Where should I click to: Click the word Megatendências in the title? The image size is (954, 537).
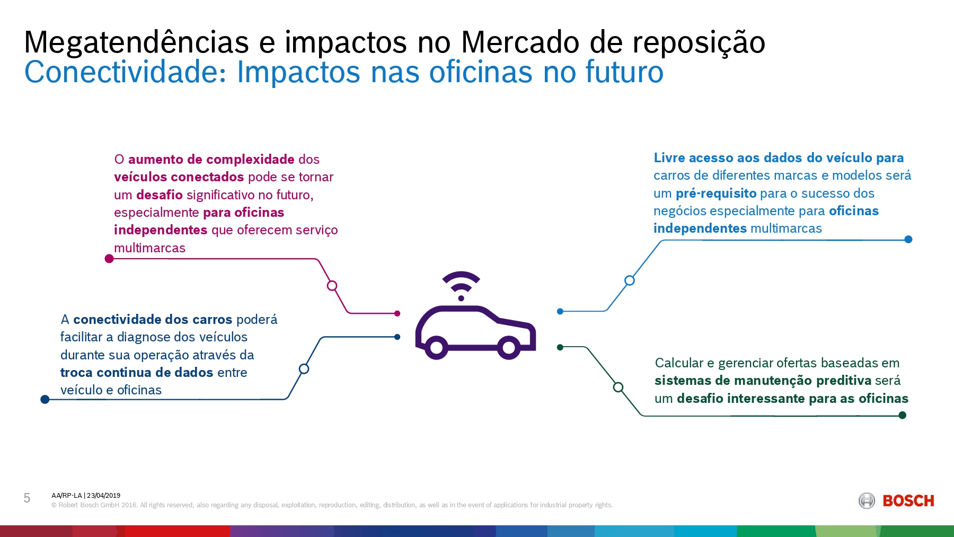[136, 42]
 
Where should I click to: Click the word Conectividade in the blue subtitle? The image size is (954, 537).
[125, 72]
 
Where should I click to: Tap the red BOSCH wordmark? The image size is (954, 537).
[908, 501]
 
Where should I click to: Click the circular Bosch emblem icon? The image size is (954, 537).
[867, 500]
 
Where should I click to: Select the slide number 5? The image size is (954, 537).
[27, 498]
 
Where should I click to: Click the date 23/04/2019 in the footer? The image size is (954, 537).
[104, 496]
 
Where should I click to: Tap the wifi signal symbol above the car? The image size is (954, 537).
[461, 285]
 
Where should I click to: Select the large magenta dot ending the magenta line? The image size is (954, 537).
[109, 259]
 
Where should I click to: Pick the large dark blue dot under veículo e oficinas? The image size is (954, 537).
[45, 399]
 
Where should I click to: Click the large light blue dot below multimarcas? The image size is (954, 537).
[908, 240]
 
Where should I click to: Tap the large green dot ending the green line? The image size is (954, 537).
[902, 415]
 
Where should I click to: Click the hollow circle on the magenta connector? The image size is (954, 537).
[332, 286]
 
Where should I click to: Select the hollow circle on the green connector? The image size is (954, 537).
[618, 387]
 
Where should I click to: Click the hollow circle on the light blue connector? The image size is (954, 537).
[629, 280]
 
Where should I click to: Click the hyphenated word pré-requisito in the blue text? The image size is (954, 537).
[716, 193]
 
